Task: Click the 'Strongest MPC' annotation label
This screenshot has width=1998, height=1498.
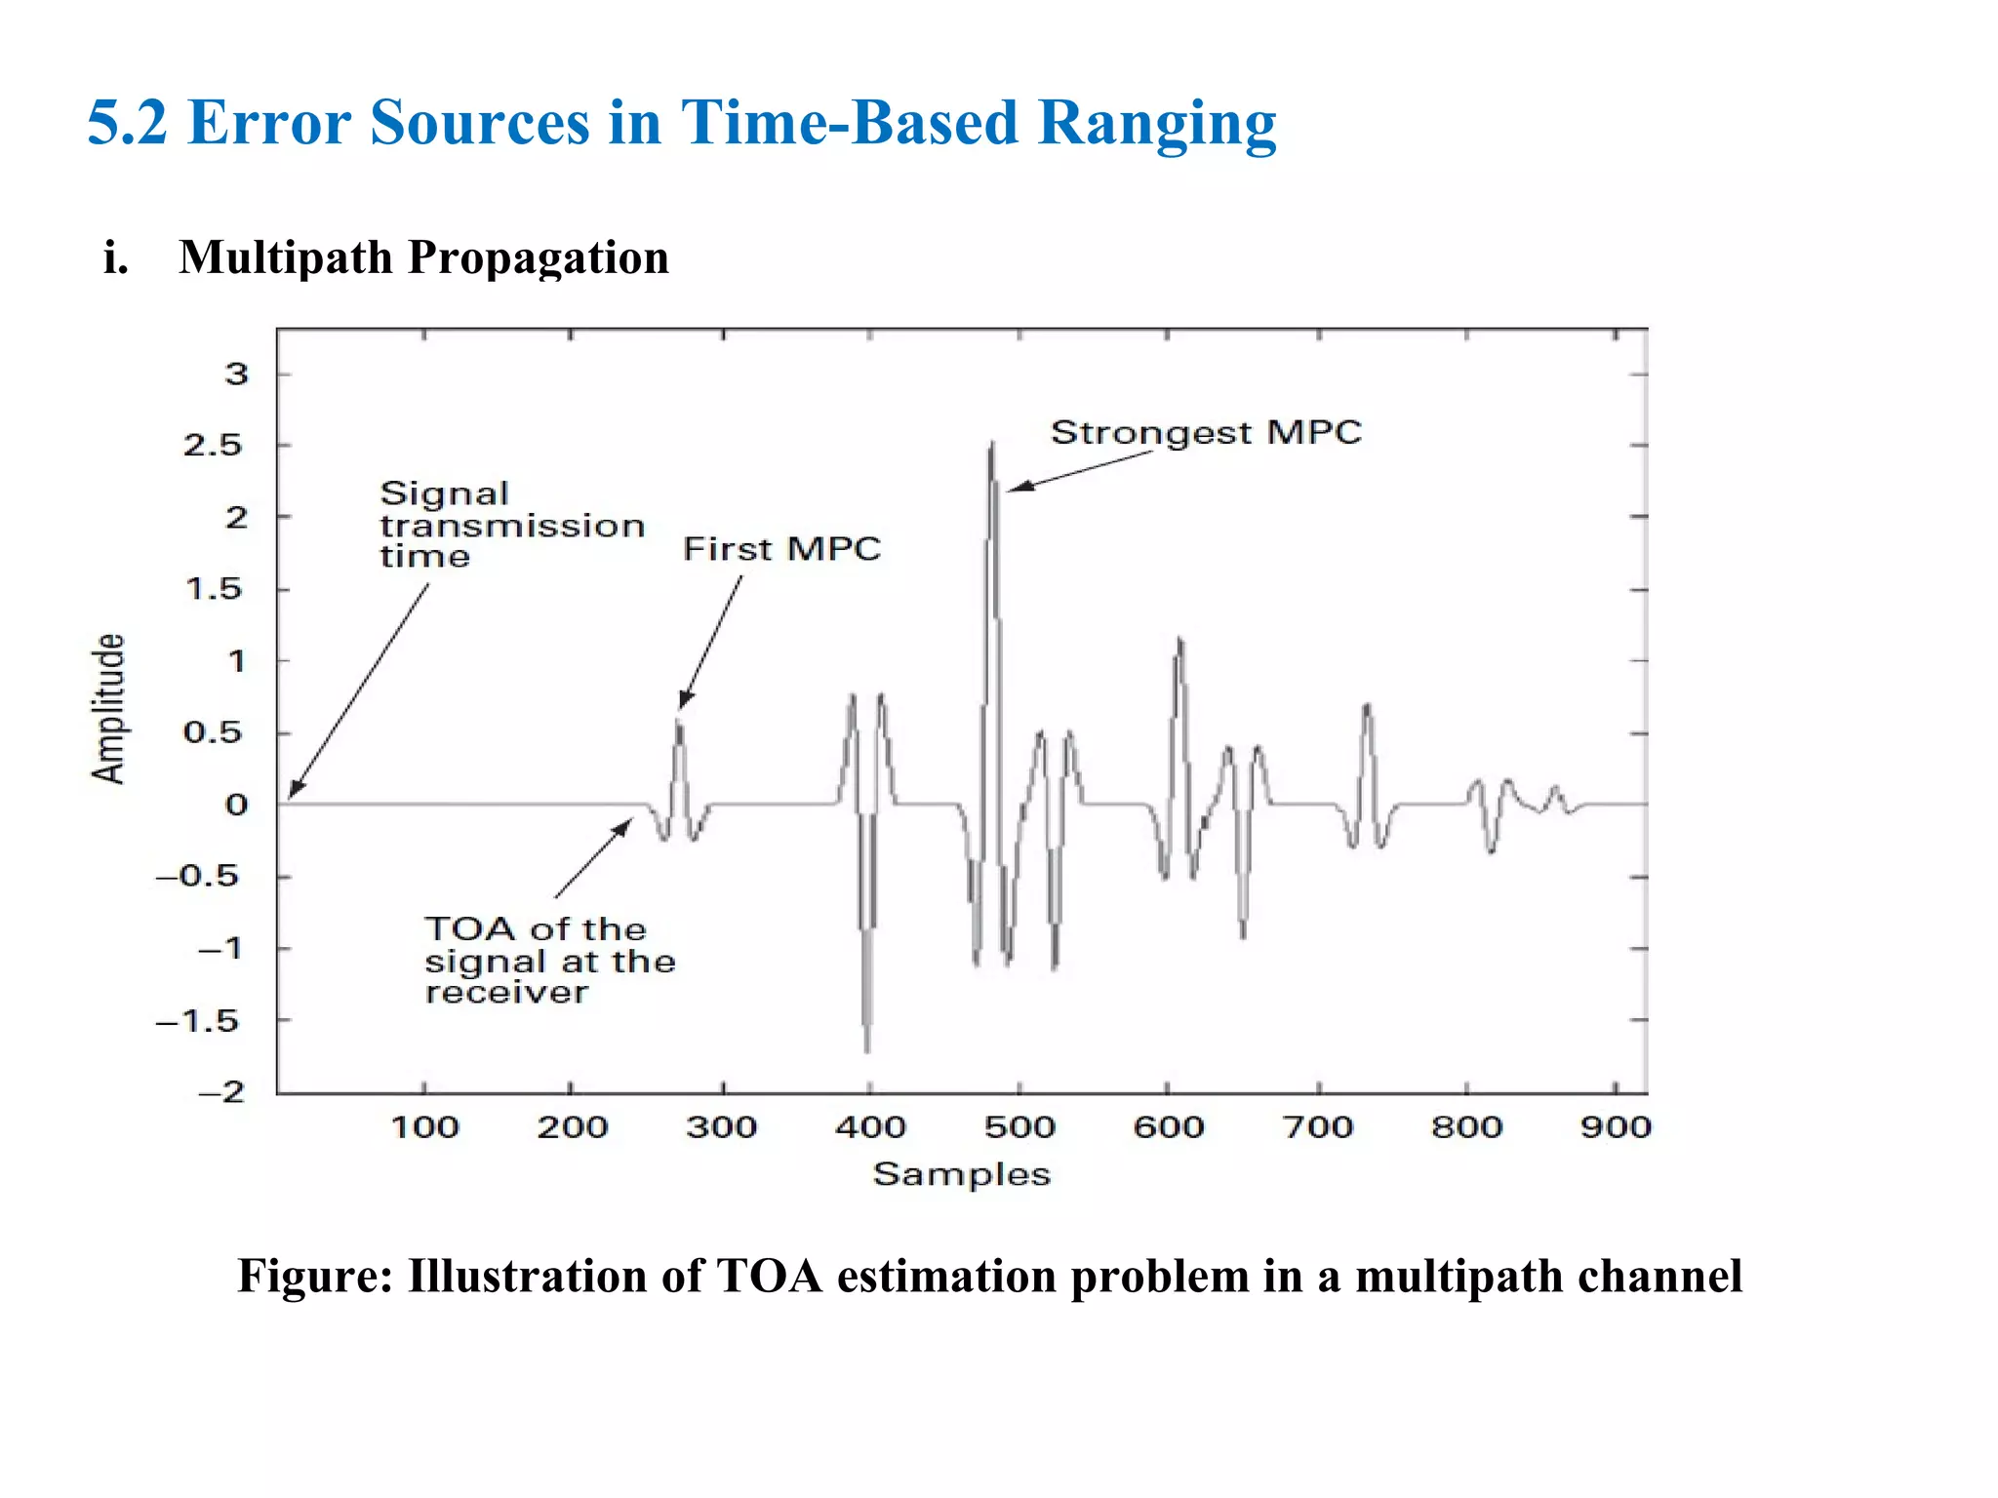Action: coord(1206,432)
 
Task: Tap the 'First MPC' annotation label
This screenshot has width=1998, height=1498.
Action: coord(781,549)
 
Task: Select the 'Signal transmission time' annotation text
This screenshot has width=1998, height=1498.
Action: coord(511,526)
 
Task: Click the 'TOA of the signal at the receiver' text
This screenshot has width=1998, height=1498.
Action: coord(549,961)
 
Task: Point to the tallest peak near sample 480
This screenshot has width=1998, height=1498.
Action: coord(992,446)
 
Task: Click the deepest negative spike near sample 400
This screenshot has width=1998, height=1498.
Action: coord(867,1048)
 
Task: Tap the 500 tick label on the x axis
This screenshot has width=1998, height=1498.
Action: coord(1019,1128)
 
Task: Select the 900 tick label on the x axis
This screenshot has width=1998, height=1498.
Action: coord(1616,1128)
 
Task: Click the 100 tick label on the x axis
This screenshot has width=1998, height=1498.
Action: coord(424,1128)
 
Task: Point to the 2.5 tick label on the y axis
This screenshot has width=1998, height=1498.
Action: coord(212,446)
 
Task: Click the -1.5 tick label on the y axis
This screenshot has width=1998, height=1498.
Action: coord(198,1021)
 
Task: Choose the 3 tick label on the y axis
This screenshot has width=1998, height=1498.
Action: coord(237,374)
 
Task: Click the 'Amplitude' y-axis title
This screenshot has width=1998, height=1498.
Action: coord(108,709)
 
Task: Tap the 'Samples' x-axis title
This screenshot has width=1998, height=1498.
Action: coord(961,1174)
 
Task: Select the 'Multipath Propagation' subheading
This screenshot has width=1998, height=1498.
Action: coord(423,257)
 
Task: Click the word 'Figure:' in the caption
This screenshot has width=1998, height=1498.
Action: coord(315,1277)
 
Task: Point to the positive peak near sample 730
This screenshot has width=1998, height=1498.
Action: coord(1367,706)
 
